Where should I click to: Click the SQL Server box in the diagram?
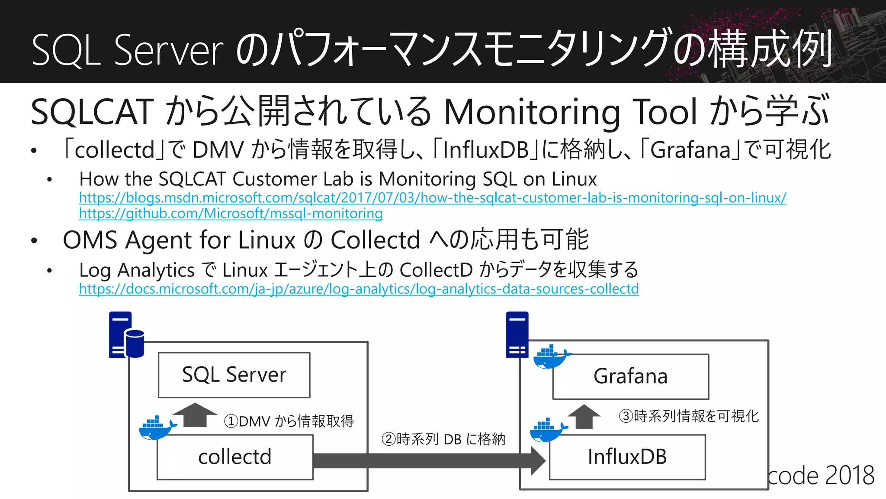[234, 375]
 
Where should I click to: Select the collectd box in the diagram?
[235, 457]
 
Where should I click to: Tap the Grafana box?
[630, 376]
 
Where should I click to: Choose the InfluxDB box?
[627, 457]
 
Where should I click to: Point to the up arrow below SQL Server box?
[195, 415]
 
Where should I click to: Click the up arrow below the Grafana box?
[584, 416]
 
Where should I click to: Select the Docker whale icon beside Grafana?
[550, 356]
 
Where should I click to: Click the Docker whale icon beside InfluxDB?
[548, 430]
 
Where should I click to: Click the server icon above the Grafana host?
[517, 334]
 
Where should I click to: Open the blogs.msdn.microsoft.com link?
[433, 198]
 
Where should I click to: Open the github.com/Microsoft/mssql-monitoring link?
[231, 214]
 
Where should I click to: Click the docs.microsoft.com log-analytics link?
[359, 289]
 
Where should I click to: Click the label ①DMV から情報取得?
[289, 421]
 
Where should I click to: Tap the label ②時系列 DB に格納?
[443, 439]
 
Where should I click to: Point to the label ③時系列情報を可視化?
[689, 416]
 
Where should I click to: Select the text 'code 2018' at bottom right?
[821, 476]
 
